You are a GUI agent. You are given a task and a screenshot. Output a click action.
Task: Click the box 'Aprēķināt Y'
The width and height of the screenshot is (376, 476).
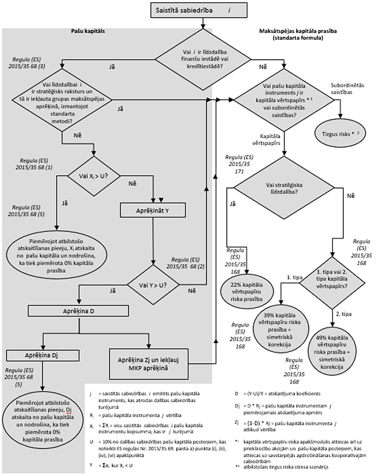tap(153, 209)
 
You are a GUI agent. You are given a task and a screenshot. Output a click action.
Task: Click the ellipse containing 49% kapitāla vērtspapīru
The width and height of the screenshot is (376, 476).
tap(338, 350)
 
